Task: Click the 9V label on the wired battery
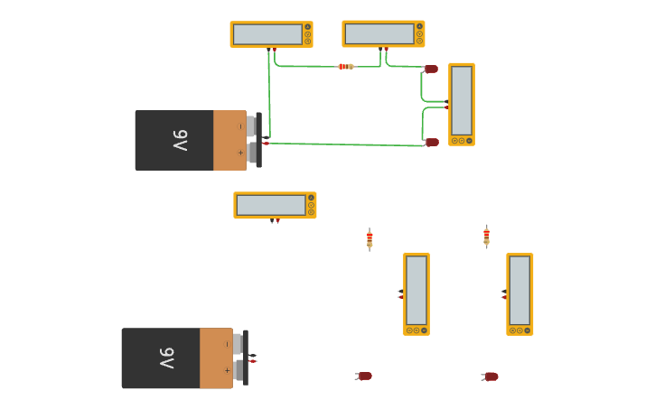pos(181,140)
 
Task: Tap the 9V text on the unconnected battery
pos(167,358)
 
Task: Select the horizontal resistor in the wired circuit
pos(345,67)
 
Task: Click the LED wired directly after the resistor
pos(431,69)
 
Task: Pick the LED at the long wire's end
pos(432,142)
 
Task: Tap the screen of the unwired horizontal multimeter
pos(270,205)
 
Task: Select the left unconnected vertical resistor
pos(370,239)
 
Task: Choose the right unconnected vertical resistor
pos(486,237)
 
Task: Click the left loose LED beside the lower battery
pos(364,376)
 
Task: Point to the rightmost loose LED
pos(491,376)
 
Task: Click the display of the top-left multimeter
pos(267,34)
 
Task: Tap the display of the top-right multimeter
pos(379,33)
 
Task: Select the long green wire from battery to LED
pos(343,144)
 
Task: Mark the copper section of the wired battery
pos(229,140)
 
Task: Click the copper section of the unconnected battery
pos(215,358)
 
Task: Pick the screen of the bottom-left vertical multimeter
pos(416,290)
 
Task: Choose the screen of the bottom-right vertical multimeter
pos(519,290)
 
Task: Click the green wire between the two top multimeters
pos(307,66)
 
